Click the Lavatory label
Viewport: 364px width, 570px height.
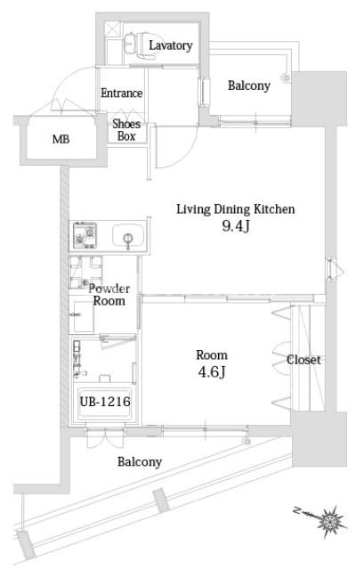(171, 45)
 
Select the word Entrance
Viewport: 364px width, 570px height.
(122, 94)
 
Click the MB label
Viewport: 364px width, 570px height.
(61, 141)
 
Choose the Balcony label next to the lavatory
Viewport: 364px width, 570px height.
(249, 86)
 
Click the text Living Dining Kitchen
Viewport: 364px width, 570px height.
(234, 210)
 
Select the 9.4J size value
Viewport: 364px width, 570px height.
(235, 228)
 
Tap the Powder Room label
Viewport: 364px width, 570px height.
(109, 295)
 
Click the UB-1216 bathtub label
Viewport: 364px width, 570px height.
(107, 403)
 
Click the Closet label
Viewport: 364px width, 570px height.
(303, 361)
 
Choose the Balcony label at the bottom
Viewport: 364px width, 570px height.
(140, 461)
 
